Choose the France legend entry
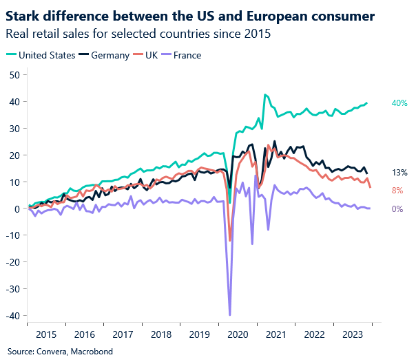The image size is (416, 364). [187, 56]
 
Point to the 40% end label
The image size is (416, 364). [399, 103]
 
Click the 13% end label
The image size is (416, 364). [399, 173]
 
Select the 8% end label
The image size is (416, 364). [397, 191]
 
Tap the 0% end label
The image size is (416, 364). [397, 208]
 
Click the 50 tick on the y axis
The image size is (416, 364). [13, 75]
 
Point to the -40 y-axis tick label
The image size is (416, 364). [12, 316]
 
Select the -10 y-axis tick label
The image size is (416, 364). [12, 235]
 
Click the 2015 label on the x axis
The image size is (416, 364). [46, 334]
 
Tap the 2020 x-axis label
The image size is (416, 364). [238, 334]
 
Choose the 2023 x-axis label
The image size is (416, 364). [353, 334]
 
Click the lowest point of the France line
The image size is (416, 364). [229, 314]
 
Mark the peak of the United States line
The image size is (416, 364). [265, 95]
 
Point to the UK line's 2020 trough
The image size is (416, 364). [230, 241]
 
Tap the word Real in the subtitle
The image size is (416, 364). [17, 34]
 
